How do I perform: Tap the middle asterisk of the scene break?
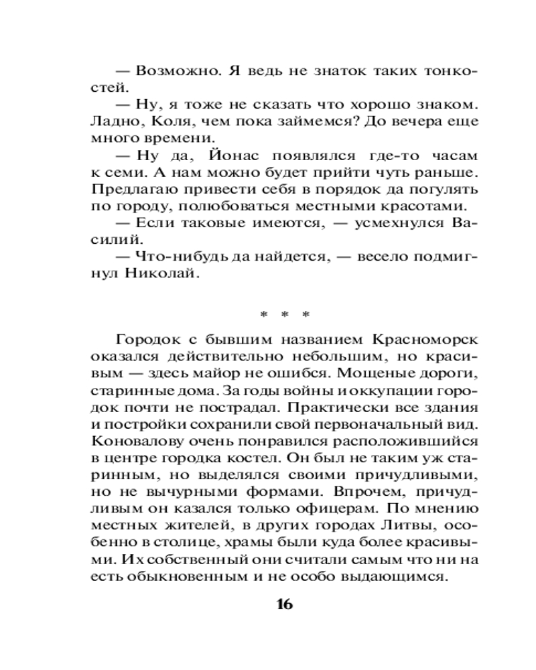[283, 314]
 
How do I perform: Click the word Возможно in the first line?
[172, 71]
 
